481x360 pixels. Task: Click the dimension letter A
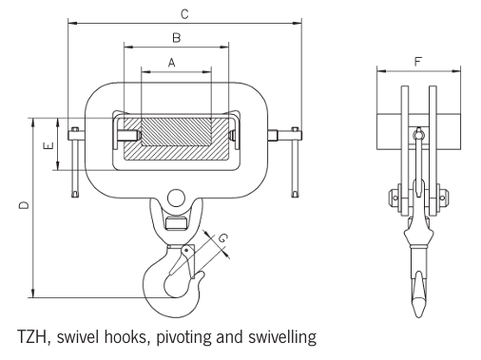point(172,62)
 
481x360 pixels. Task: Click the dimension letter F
point(419,63)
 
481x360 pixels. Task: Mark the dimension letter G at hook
point(221,237)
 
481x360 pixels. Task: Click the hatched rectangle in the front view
point(175,137)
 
